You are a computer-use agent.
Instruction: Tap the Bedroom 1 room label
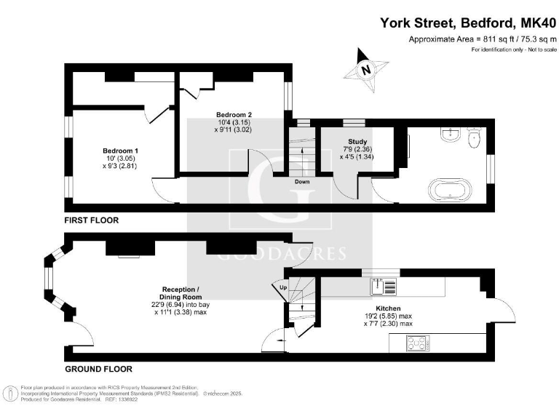click(x=120, y=151)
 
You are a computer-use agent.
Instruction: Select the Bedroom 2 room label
click(x=234, y=115)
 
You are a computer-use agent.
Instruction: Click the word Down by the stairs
click(x=304, y=182)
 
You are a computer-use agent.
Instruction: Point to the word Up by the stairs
click(x=283, y=288)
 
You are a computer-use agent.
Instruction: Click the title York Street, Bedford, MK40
click(x=468, y=23)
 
